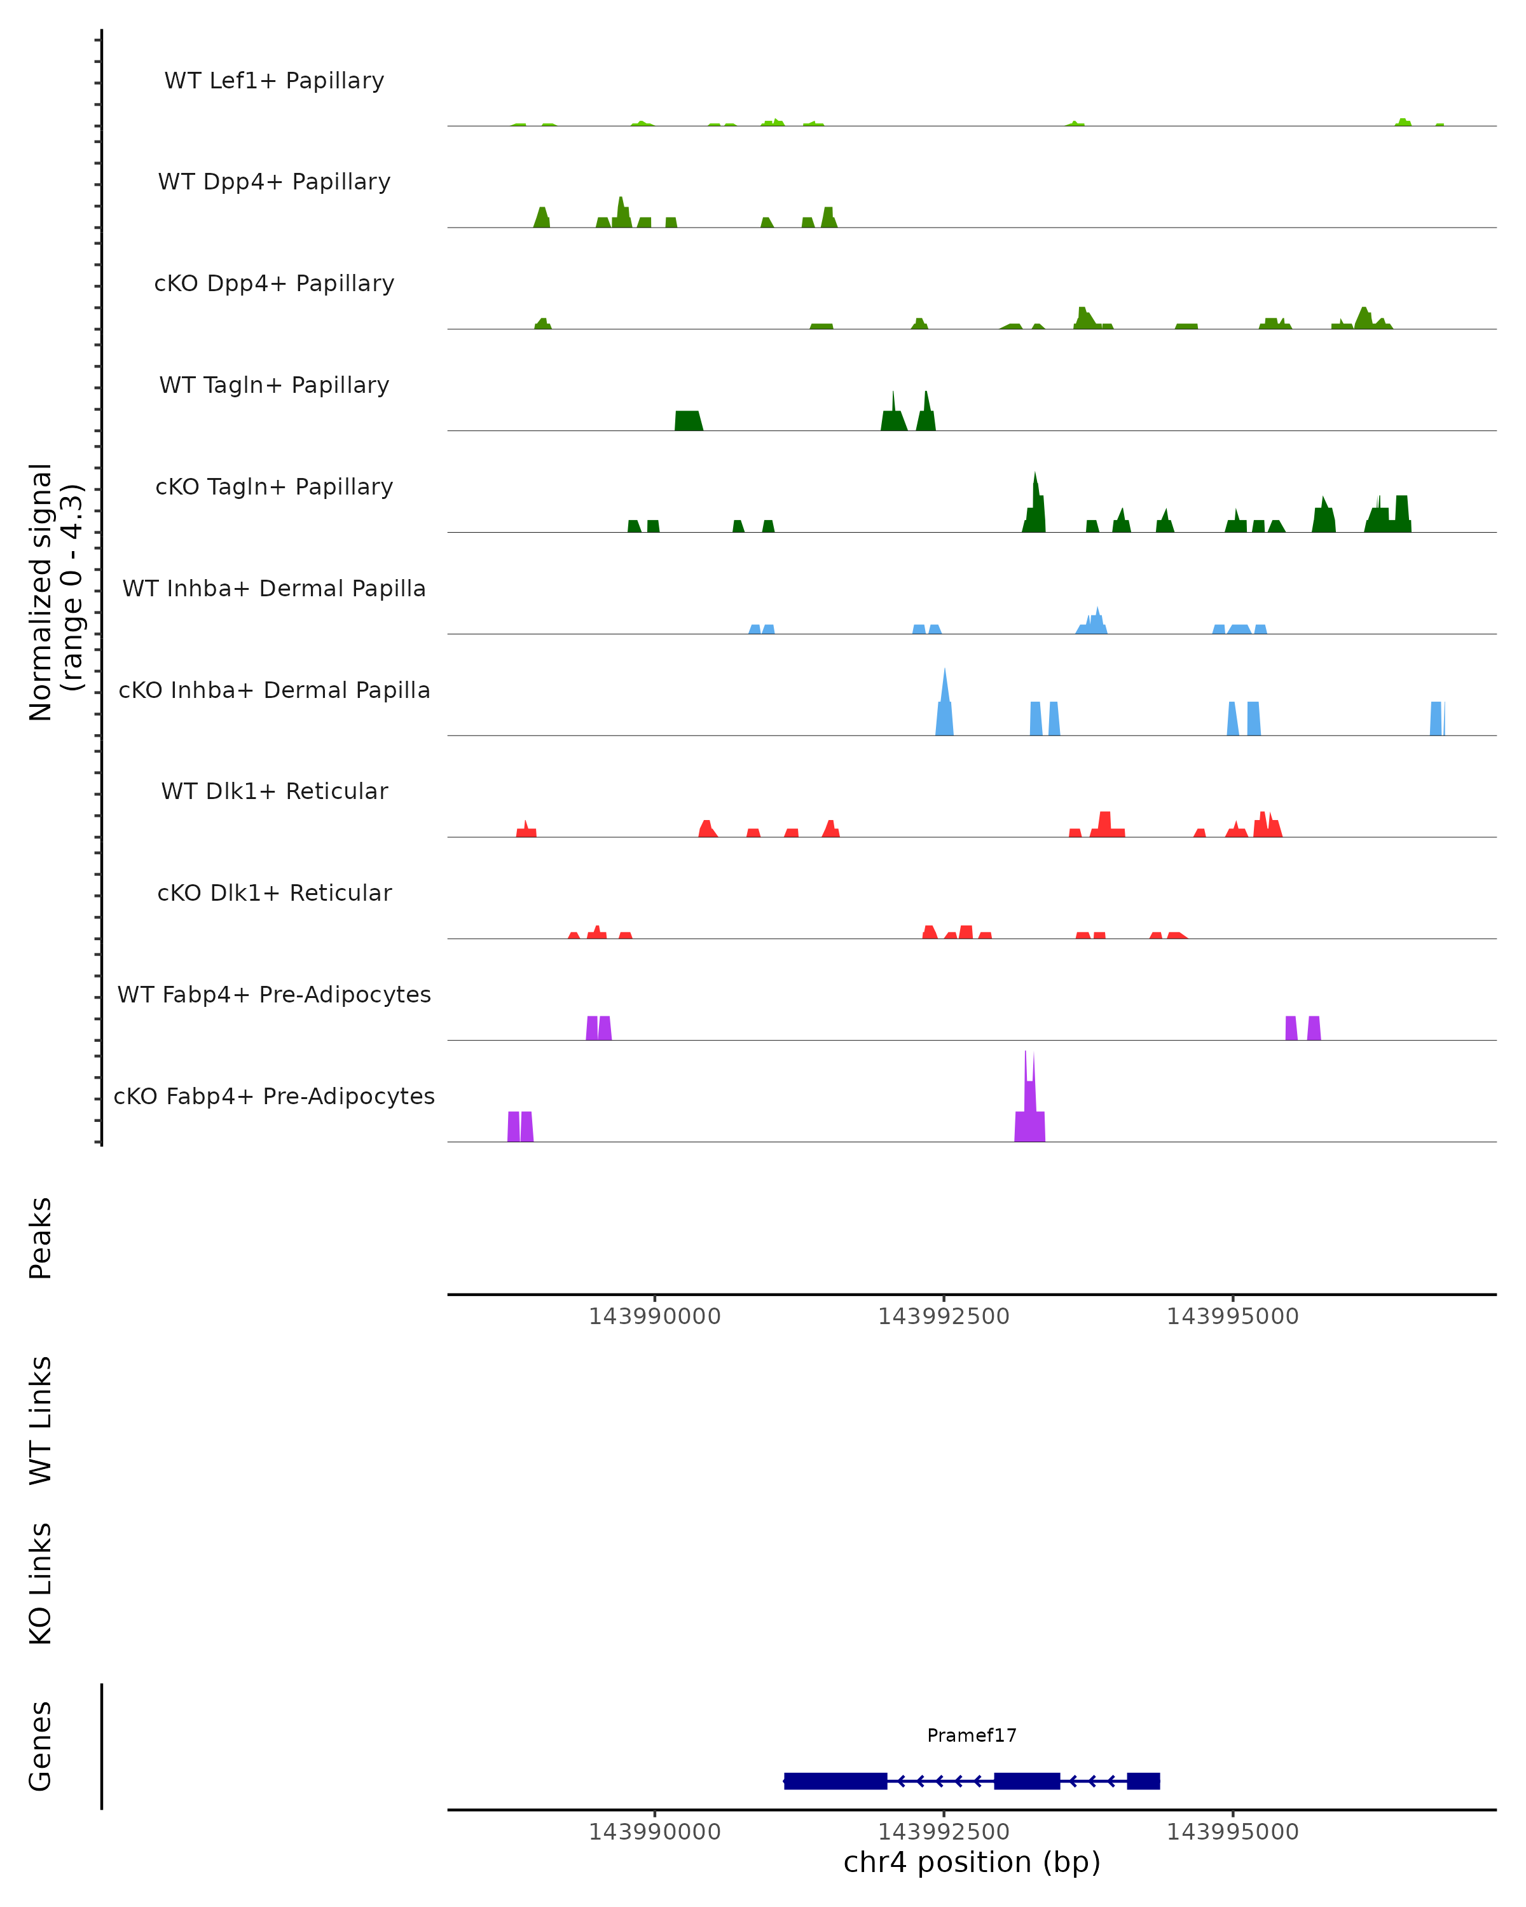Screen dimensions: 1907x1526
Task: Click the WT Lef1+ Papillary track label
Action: point(274,81)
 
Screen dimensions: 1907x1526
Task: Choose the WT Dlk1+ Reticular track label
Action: point(274,791)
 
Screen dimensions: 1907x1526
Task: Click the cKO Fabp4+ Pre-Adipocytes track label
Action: point(274,1096)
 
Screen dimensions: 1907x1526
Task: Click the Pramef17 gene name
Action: point(972,1735)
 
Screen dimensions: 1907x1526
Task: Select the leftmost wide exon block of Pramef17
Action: point(835,1781)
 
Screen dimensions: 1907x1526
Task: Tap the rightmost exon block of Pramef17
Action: point(1143,1781)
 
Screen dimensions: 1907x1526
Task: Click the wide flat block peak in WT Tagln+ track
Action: point(688,420)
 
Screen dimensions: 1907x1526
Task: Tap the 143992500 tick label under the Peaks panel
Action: point(943,1316)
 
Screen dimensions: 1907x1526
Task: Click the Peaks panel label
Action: point(41,1238)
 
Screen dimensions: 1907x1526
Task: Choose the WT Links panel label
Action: point(41,1419)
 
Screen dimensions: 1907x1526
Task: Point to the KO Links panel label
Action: point(41,1583)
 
